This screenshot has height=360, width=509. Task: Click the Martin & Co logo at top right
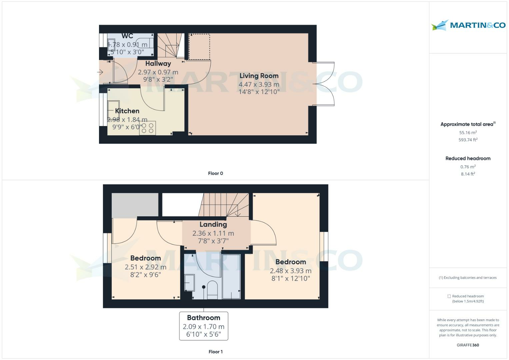tap(468, 25)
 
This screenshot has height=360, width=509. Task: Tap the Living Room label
tap(259, 76)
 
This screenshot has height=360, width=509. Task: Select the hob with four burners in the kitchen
tap(147, 128)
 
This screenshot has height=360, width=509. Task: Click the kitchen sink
tap(113, 109)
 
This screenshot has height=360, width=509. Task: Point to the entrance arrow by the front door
tap(100, 72)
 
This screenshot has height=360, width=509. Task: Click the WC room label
tap(127, 36)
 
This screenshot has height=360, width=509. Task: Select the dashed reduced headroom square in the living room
tap(199, 47)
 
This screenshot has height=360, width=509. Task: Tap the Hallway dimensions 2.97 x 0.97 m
tap(158, 72)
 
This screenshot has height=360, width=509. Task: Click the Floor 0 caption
tap(215, 173)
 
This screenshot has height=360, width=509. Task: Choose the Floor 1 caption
tap(215, 352)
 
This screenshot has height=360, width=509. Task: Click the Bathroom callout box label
tap(204, 318)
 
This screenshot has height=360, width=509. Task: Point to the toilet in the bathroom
tap(212, 289)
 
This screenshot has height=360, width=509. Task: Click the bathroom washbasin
tap(190, 283)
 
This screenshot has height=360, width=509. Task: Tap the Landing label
tap(213, 224)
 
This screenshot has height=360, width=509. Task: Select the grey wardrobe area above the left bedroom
tap(135, 205)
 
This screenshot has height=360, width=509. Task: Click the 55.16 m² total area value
tap(468, 133)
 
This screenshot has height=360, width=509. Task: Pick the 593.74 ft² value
tap(468, 140)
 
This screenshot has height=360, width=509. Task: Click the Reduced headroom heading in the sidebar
tap(468, 158)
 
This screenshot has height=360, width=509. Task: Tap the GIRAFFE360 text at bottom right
tap(468, 345)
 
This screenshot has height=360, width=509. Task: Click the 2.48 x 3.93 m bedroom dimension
tap(291, 271)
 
